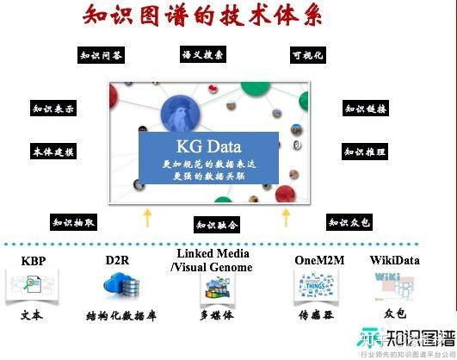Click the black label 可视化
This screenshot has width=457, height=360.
(x=306, y=56)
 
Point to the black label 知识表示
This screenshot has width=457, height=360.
(x=53, y=110)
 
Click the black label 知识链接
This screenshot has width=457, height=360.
(x=366, y=109)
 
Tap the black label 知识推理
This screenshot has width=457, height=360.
(x=365, y=152)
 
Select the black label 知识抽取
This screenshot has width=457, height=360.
(x=74, y=222)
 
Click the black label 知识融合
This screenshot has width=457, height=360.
(x=217, y=225)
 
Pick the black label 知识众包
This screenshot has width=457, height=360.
(x=350, y=222)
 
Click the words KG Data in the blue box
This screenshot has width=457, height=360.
(x=209, y=146)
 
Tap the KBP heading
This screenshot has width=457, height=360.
(x=34, y=260)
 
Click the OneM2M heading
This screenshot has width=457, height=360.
(x=316, y=260)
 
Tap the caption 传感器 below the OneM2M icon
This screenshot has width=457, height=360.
(x=314, y=315)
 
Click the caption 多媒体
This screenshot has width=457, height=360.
(x=216, y=315)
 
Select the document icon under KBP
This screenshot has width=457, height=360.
(x=31, y=285)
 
